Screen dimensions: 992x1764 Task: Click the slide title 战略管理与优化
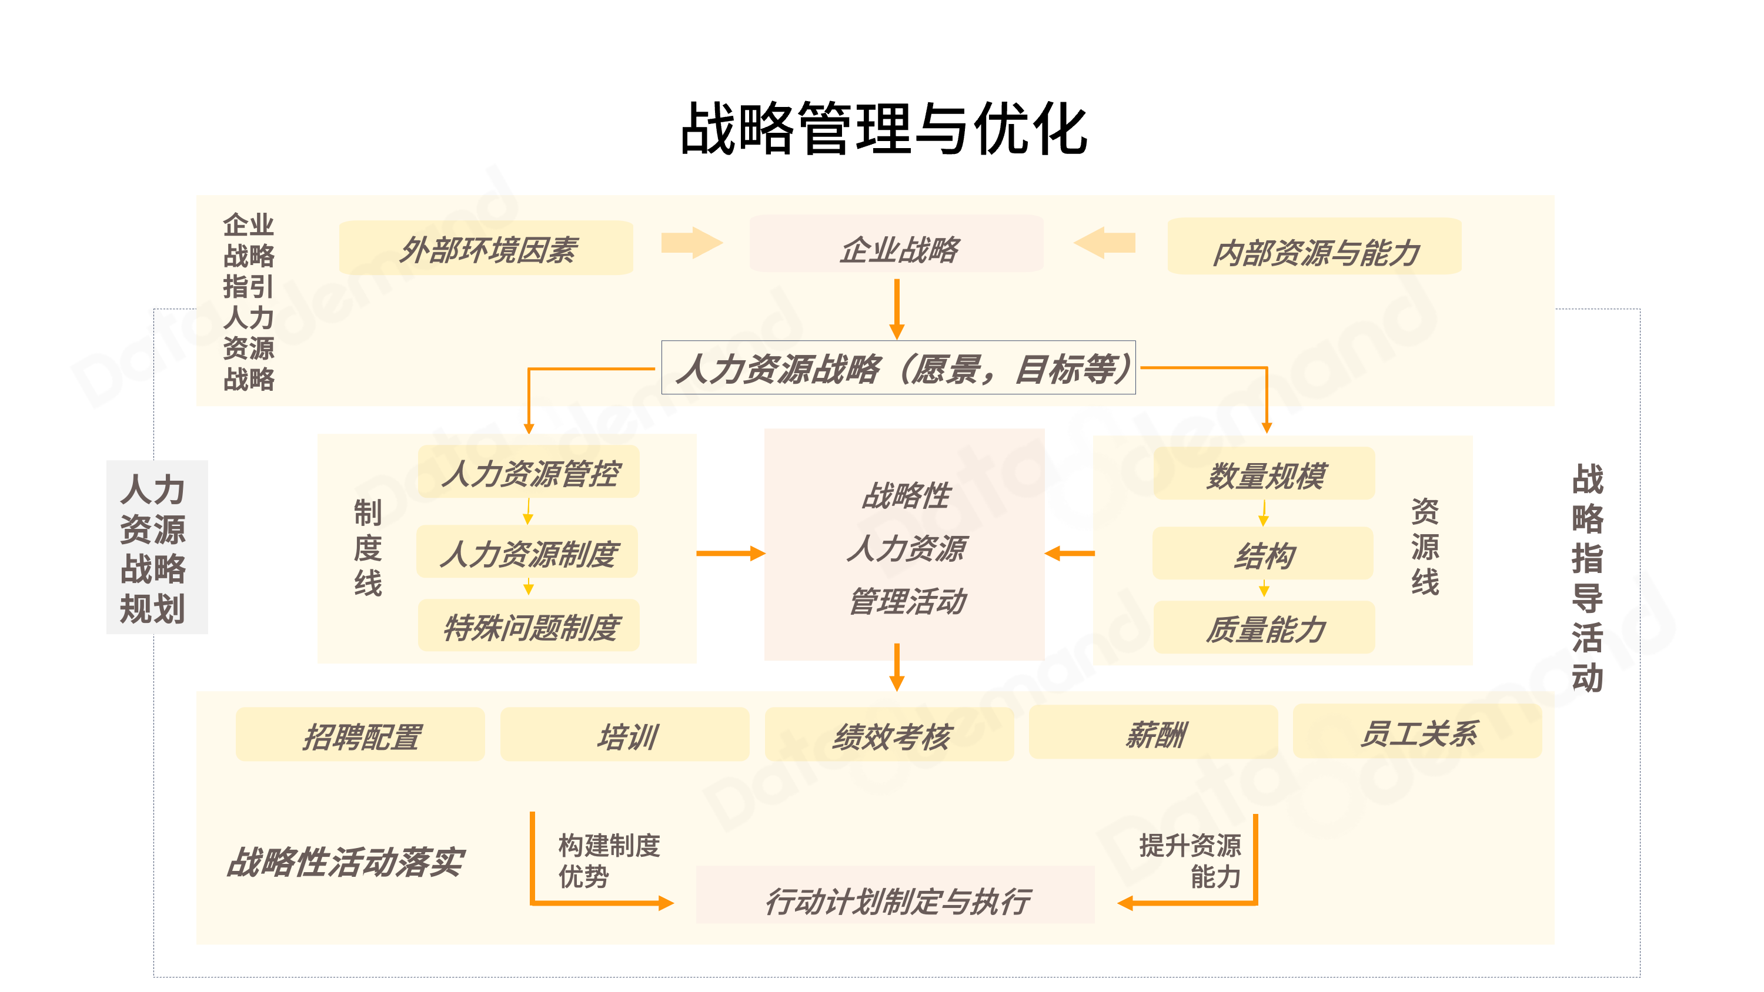point(883,129)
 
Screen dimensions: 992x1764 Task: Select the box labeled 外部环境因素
point(486,248)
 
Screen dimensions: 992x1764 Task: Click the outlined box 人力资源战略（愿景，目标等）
point(898,368)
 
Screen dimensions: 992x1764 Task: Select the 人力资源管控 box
point(529,472)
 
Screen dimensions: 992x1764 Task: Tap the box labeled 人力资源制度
point(527,552)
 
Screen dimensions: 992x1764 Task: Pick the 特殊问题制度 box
point(529,625)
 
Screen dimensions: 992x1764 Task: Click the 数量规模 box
point(1264,474)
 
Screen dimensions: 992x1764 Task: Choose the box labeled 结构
point(1263,554)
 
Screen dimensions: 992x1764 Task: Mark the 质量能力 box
point(1264,627)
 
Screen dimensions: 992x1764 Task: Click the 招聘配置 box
point(360,735)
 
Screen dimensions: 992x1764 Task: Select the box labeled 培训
point(624,735)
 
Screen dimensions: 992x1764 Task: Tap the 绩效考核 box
point(889,735)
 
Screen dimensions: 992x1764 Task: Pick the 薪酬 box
point(1153,732)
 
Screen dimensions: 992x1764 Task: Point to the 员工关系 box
point(1417,732)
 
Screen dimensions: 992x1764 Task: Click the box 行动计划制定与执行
point(895,896)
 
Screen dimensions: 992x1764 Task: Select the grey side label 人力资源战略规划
point(157,547)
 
